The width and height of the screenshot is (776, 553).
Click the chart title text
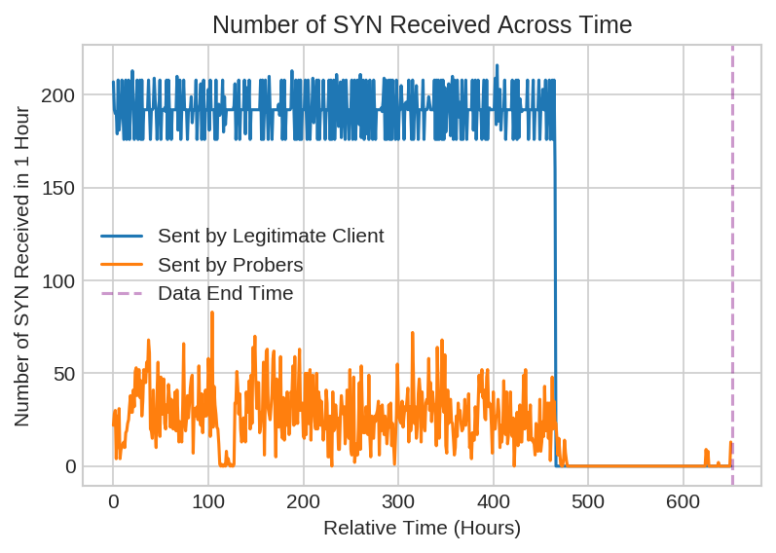[x=422, y=24]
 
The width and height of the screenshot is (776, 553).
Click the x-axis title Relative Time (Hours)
[x=422, y=529]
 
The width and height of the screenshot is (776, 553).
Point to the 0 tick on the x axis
[x=113, y=501]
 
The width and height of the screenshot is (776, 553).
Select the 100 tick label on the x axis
[x=208, y=501]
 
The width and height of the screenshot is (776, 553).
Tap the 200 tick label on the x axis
[x=303, y=501]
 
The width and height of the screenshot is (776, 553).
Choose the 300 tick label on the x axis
[x=398, y=501]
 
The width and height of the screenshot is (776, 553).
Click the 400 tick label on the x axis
[x=493, y=501]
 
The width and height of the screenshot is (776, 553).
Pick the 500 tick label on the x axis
[x=588, y=501]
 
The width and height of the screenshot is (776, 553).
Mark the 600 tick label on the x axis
[x=684, y=501]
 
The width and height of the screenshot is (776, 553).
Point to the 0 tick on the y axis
[x=70, y=466]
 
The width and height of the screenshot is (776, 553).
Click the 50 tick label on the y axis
[x=64, y=374]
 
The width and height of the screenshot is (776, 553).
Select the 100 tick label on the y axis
[x=58, y=281]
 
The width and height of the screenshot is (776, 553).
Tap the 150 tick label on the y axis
[x=58, y=188]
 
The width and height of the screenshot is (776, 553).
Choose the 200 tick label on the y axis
[x=58, y=95]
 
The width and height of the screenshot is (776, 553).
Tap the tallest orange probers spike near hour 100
[x=212, y=313]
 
